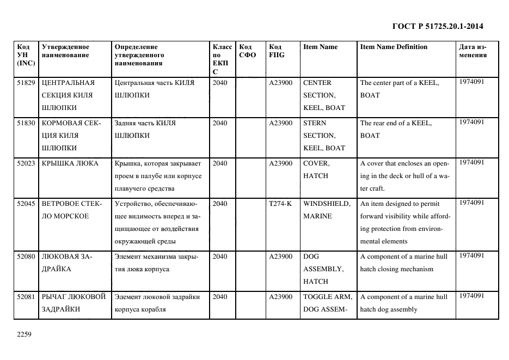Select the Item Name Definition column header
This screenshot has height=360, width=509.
click(394, 47)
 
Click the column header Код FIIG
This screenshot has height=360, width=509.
click(277, 51)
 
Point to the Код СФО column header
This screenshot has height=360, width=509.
click(247, 51)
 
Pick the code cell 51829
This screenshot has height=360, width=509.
click(26, 83)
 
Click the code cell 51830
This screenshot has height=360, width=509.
click(26, 123)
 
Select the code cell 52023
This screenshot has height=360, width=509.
click(26, 163)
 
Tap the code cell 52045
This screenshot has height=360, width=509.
click(26, 204)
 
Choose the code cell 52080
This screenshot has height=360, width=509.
click(26, 257)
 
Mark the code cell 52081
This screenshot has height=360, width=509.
click(26, 297)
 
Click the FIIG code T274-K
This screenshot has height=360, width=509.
click(280, 204)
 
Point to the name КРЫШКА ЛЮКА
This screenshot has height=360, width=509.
click(70, 163)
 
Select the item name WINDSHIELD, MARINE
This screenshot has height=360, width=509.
click(326, 210)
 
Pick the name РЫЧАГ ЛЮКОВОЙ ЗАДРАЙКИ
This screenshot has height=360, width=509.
click(73, 303)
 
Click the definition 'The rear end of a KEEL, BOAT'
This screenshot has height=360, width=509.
click(396, 129)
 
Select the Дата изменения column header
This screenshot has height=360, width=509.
click(473, 51)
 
